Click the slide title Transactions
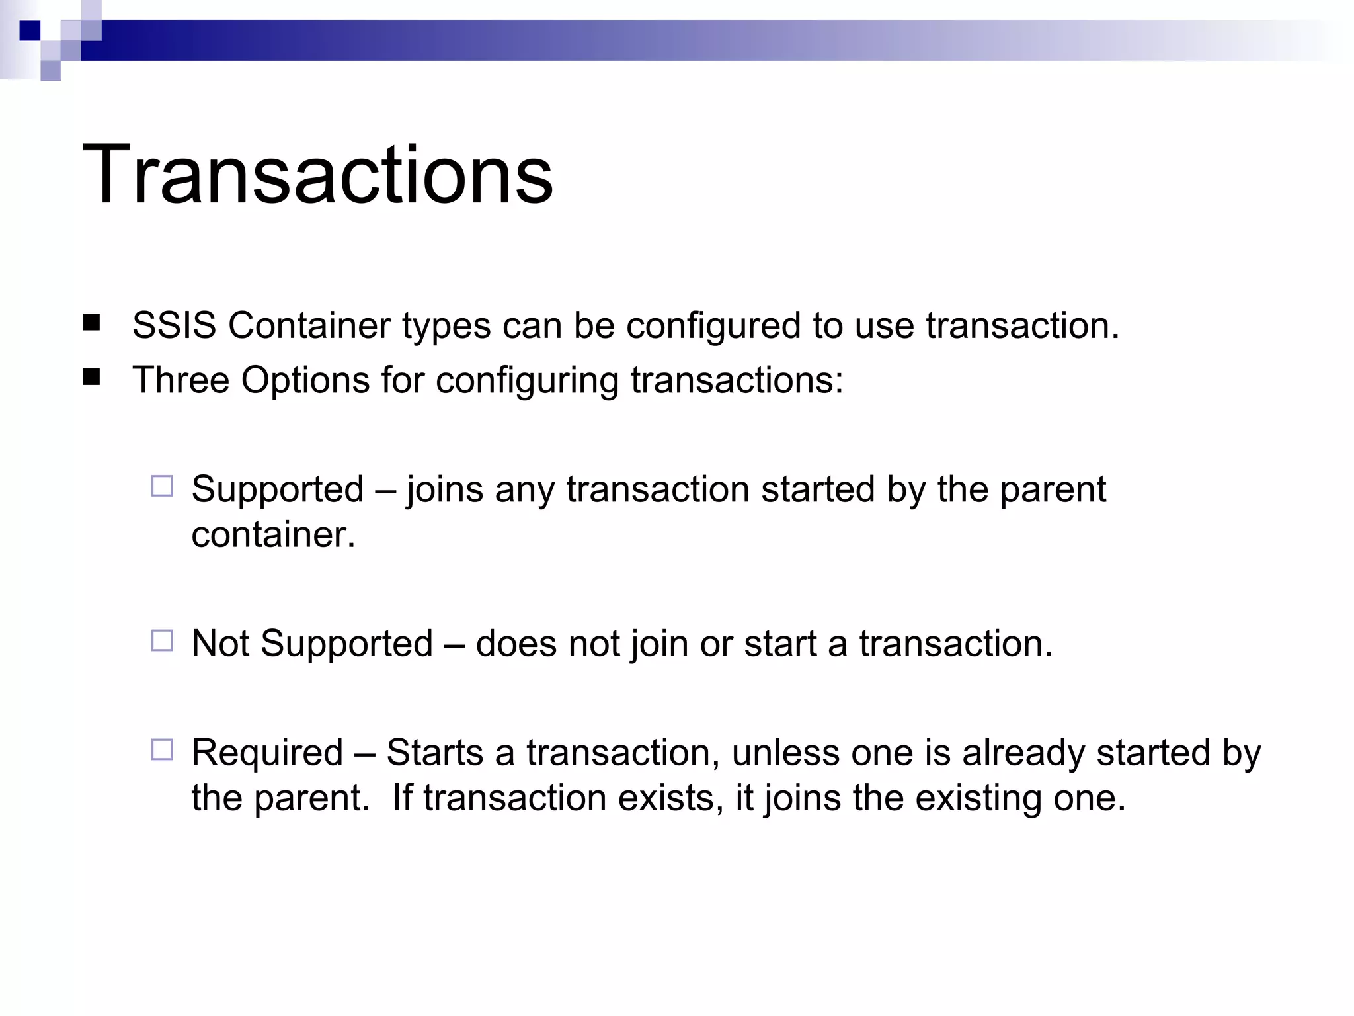coord(317,175)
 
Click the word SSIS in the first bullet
coord(174,325)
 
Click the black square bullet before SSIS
coord(92,323)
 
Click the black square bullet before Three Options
coord(92,378)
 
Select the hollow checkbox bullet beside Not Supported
coord(162,640)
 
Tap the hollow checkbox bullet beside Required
coord(162,749)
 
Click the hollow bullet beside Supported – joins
coord(162,486)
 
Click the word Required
coord(267,753)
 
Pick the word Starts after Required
coord(434,753)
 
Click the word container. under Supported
coord(273,534)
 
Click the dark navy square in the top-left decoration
coord(30,30)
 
